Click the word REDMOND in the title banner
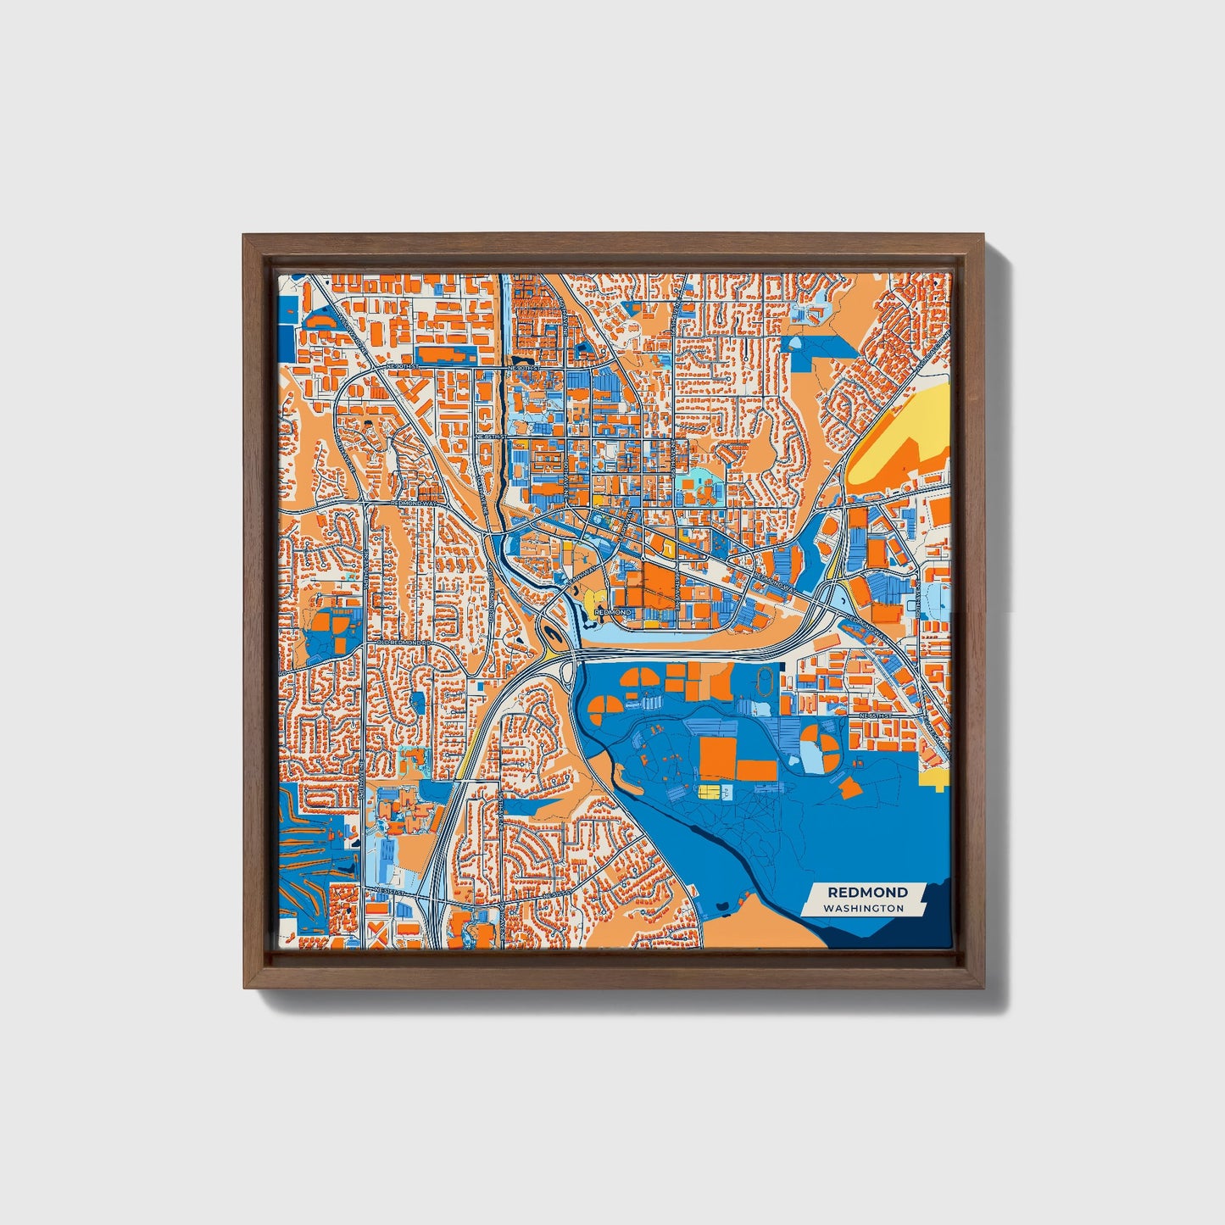(867, 892)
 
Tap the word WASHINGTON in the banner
(863, 908)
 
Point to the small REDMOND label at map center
(612, 612)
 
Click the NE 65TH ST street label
(877, 716)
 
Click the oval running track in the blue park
(766, 677)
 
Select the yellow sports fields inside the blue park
(709, 791)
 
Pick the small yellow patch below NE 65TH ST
(936, 778)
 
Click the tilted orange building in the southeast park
(849, 788)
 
